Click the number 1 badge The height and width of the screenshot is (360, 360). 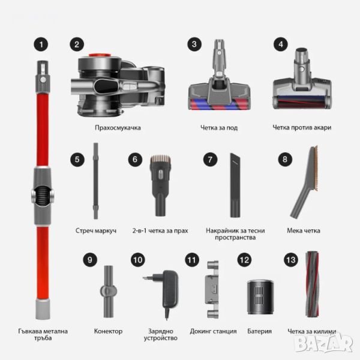(41, 44)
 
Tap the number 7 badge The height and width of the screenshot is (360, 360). (210, 160)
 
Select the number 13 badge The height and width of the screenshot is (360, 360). (291, 260)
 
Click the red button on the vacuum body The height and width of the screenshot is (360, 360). (100, 55)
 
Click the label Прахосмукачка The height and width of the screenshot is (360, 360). (118, 128)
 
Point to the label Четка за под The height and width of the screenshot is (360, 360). (219, 128)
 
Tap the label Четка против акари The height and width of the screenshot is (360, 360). (302, 128)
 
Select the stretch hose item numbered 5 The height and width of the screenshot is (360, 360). (96, 181)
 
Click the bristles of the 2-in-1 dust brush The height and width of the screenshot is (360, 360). (160, 160)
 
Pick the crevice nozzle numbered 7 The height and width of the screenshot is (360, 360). (235, 185)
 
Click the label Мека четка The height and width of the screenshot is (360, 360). (304, 230)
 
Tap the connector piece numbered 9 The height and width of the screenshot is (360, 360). (109, 292)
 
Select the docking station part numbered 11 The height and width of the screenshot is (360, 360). (212, 289)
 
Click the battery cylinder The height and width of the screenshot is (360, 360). (260, 297)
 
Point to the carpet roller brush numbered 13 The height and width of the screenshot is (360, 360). (312, 284)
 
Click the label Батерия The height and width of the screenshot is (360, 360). (259, 331)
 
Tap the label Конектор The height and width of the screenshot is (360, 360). (108, 331)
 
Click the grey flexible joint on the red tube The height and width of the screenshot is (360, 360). (42, 196)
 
